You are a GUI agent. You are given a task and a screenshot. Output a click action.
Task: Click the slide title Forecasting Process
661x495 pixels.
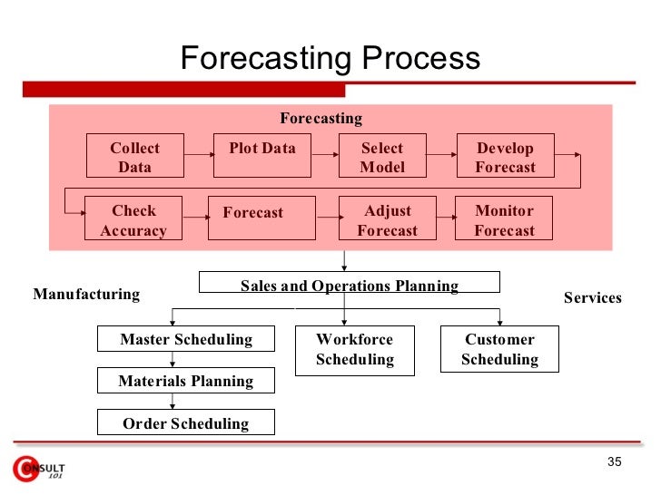pos(330,59)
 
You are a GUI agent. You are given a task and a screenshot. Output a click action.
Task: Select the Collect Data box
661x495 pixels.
pos(134,157)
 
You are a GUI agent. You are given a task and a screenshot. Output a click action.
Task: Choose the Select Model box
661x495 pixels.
pos(382,157)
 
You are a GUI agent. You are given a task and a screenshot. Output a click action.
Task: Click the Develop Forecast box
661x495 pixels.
pos(505,157)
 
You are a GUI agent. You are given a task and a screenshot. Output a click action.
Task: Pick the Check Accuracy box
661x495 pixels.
pos(133,219)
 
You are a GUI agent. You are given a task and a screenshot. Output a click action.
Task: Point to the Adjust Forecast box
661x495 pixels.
pos(387,219)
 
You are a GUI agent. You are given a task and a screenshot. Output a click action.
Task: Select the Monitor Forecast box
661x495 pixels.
pos(504,219)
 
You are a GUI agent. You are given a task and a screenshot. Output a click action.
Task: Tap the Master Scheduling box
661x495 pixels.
pos(186,339)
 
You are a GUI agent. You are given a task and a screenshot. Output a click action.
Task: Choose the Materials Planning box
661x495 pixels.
pos(185,381)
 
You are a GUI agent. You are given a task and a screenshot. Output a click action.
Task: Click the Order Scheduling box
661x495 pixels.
pos(185,422)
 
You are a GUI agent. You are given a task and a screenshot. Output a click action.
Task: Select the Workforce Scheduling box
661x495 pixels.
pos(354,349)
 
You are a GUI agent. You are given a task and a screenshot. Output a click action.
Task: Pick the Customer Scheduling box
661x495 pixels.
pos(499,349)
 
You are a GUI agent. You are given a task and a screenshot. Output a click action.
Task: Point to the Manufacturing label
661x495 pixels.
pos(86,294)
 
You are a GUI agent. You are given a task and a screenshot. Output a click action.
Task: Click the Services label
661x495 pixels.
pos(592,297)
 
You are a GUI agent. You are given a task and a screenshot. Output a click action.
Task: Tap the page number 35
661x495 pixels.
pos(614,463)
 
